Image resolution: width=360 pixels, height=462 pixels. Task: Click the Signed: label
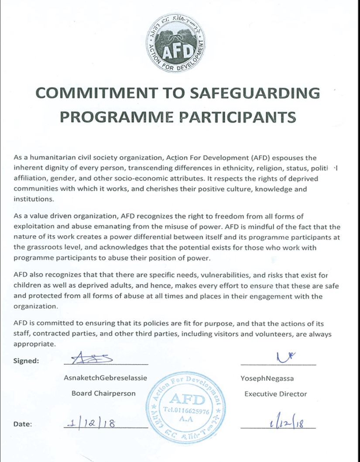click(x=27, y=361)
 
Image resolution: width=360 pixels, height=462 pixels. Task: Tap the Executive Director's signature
click(x=284, y=358)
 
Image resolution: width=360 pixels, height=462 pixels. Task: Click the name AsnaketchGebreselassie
click(x=104, y=377)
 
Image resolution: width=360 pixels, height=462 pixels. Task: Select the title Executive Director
click(x=275, y=393)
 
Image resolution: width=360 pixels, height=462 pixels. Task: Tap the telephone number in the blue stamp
click(x=186, y=411)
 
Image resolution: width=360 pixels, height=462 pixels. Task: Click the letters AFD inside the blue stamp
click(x=186, y=399)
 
